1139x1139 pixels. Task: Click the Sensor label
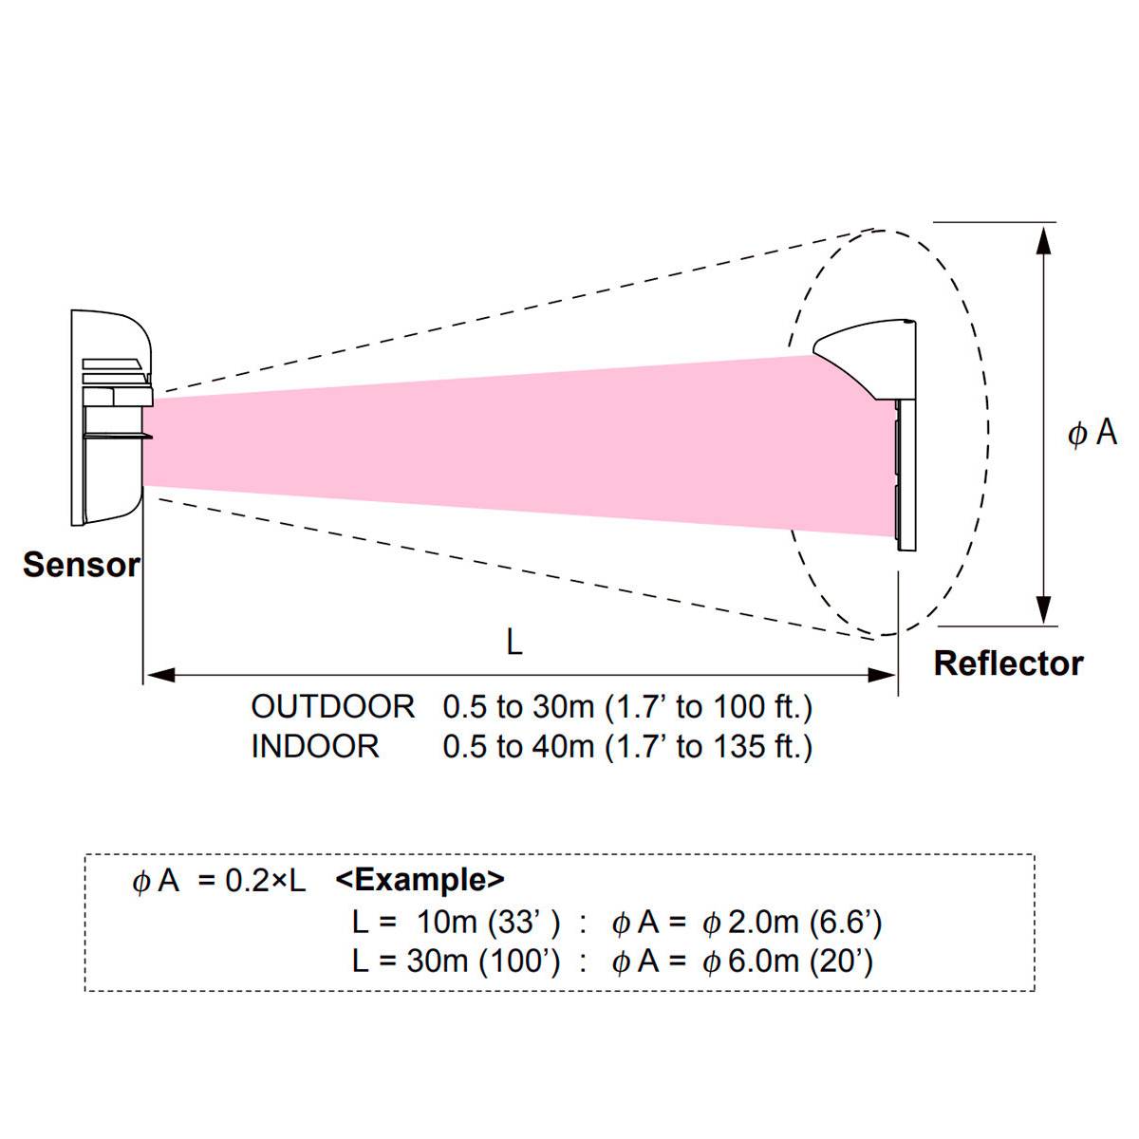click(x=82, y=565)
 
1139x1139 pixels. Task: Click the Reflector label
click(x=1008, y=663)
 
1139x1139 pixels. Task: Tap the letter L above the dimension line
click(x=513, y=643)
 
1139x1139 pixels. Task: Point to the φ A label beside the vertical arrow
click(x=1092, y=434)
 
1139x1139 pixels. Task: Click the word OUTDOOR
click(x=332, y=706)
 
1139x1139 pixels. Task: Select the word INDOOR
click(x=315, y=746)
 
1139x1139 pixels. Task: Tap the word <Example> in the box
click(x=420, y=880)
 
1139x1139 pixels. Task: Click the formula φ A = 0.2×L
click(x=219, y=881)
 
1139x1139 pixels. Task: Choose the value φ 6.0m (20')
click(x=787, y=962)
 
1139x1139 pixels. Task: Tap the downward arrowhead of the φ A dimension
click(x=1044, y=608)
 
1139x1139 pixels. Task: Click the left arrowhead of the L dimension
click(x=159, y=675)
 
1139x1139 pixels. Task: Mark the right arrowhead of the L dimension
click(x=882, y=675)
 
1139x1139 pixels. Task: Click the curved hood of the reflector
click(x=864, y=356)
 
